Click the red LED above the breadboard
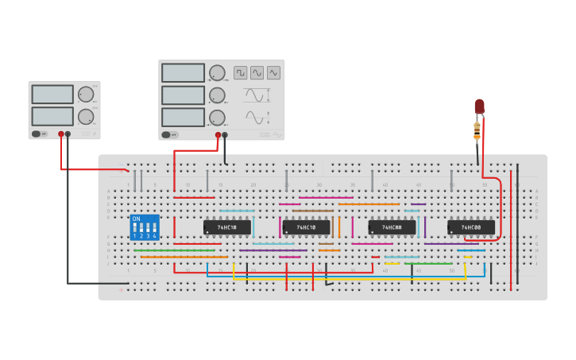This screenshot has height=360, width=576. click(x=479, y=106)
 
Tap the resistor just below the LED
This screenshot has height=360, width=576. click(x=477, y=130)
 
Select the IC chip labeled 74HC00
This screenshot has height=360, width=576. click(x=471, y=227)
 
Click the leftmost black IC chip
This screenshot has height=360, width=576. click(x=227, y=227)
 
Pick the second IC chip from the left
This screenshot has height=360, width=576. click(x=306, y=227)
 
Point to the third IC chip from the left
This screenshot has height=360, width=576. click(x=392, y=227)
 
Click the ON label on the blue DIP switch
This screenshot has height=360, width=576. click(x=136, y=219)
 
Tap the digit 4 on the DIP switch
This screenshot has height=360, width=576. click(x=154, y=236)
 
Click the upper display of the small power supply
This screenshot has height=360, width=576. click(x=52, y=95)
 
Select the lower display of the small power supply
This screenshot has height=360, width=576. click(x=52, y=116)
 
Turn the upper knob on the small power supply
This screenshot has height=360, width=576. click(x=86, y=95)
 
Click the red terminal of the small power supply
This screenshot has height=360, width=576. click(x=60, y=134)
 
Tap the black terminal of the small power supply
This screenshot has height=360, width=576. click(x=68, y=134)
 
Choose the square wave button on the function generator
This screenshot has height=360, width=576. click(x=240, y=72)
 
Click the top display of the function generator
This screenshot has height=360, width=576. click(x=183, y=73)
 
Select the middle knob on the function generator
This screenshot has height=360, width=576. click(x=216, y=95)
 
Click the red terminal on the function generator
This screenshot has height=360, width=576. click(x=218, y=135)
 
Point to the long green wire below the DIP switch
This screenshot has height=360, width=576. click(x=175, y=250)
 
